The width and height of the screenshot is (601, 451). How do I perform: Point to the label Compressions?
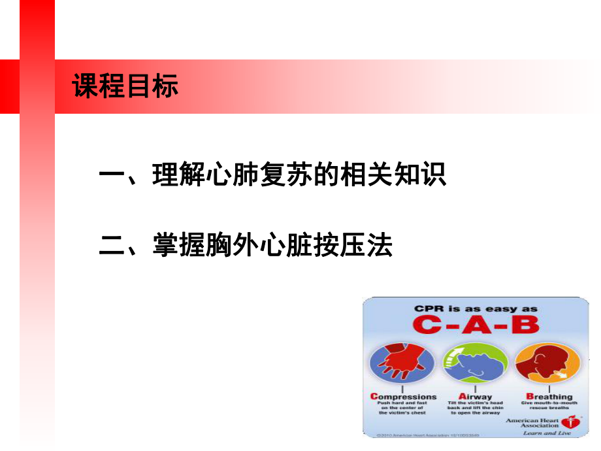pos(404,396)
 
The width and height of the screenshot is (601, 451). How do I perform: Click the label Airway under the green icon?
pos(475,396)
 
